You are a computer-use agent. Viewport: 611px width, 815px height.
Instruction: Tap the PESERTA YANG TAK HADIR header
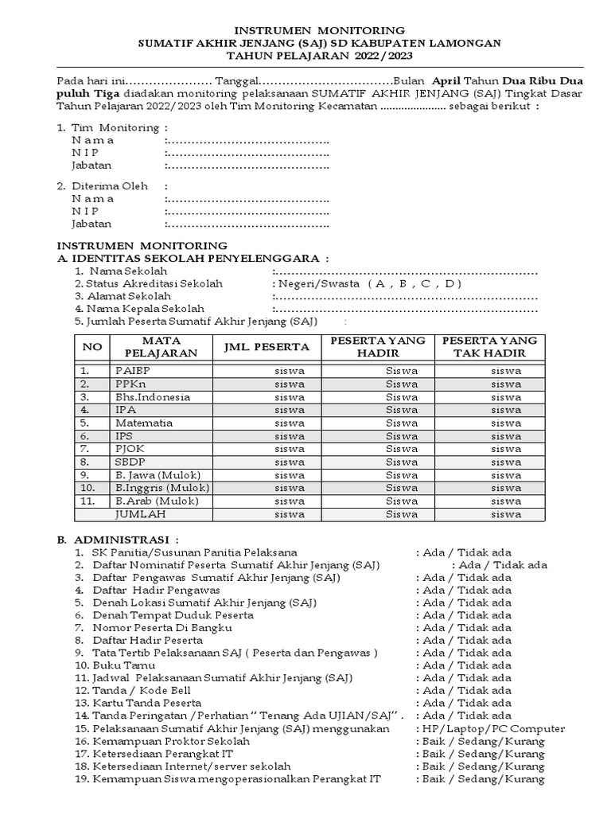[489, 346]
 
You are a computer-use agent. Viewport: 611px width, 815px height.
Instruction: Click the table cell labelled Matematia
[144, 423]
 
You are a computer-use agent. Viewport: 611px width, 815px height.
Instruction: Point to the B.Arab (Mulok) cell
[157, 501]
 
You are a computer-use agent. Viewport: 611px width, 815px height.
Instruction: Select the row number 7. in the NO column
[85, 449]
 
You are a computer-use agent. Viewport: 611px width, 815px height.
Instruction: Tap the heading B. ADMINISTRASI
[118, 539]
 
